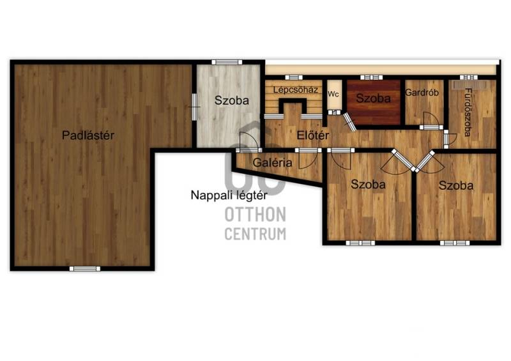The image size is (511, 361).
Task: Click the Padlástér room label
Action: (x=88, y=135)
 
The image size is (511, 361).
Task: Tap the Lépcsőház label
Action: (x=295, y=89)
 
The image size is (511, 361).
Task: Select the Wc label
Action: (x=333, y=94)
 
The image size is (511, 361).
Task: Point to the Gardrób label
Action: (x=422, y=93)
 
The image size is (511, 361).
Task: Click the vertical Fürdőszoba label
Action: (x=468, y=112)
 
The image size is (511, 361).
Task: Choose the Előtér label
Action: (x=313, y=135)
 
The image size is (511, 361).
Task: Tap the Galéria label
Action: (x=272, y=162)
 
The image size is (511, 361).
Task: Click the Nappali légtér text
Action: (x=229, y=196)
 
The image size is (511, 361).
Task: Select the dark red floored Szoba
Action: (x=374, y=98)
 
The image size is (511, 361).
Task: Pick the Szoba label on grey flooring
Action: (x=232, y=100)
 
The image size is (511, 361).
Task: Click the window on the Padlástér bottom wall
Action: (x=85, y=269)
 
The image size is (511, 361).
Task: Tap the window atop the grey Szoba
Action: (x=227, y=62)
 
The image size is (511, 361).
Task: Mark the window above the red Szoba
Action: (x=371, y=77)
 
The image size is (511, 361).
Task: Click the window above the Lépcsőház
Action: (x=294, y=77)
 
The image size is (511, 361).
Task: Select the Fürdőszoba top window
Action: (x=469, y=77)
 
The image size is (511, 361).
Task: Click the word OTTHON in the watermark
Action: (x=256, y=215)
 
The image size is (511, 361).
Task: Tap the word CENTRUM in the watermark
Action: (x=256, y=234)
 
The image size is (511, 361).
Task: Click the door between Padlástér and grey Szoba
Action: (x=194, y=107)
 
